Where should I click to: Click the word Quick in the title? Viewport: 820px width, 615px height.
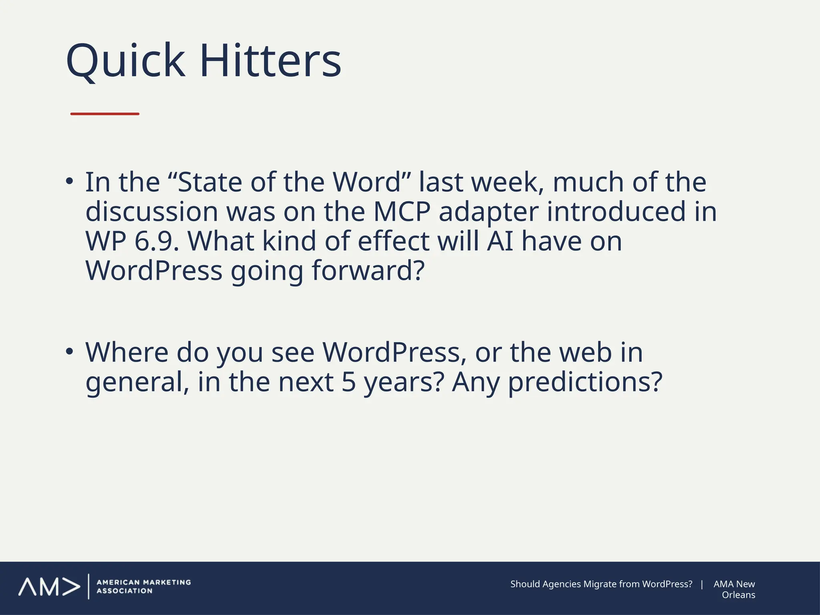[x=125, y=61]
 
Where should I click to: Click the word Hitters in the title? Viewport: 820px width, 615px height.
[x=270, y=61]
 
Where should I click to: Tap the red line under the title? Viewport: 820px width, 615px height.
[x=105, y=114]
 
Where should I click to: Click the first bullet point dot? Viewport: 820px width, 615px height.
[x=70, y=181]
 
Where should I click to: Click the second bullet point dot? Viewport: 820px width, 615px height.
[x=70, y=352]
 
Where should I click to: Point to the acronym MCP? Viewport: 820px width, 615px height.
[x=402, y=212]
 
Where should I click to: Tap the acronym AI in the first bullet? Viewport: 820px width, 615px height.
[x=500, y=241]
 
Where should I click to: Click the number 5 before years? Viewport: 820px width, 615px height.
[x=348, y=382]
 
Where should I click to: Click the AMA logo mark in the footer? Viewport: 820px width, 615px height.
[x=49, y=587]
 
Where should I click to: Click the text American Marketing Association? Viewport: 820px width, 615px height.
[x=143, y=587]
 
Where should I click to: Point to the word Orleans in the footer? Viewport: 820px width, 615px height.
[x=738, y=595]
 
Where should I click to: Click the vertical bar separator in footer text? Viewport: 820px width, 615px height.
[x=702, y=584]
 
